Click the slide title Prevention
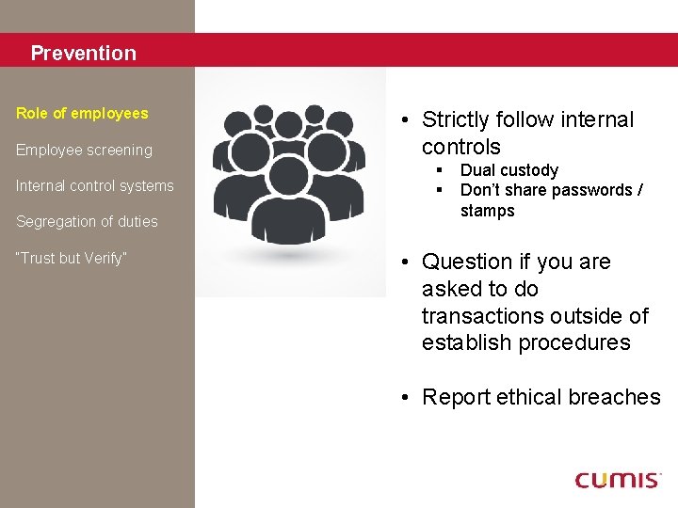point(83,54)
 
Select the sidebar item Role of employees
point(82,113)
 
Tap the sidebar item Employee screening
point(84,150)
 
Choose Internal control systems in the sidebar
point(94,185)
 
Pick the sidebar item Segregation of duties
point(87,222)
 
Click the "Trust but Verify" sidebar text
point(72,258)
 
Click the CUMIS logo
point(618,480)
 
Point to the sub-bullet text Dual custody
point(508,170)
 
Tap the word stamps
point(487,211)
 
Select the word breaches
point(617,398)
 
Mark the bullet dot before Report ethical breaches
point(402,398)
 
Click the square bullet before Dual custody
point(439,170)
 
